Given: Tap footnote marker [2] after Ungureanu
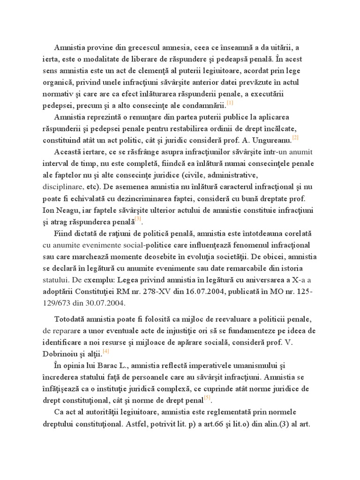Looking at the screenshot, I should tap(295, 137).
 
